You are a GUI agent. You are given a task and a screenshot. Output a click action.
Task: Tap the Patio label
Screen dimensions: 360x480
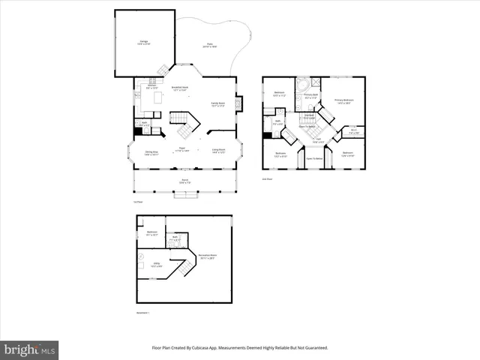211,46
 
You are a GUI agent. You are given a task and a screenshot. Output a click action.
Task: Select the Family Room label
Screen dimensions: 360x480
220,104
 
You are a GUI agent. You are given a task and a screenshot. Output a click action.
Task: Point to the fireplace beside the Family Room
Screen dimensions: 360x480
238,104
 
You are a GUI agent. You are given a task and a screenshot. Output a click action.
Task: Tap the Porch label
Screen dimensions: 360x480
184,181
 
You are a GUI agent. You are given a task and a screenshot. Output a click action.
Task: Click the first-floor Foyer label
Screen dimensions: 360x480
182,149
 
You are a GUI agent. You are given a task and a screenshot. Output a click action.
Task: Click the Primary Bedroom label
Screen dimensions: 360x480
343,100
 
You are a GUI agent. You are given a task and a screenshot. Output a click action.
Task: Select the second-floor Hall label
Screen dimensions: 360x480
318,140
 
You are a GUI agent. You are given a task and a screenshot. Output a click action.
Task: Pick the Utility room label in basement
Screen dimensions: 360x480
156,265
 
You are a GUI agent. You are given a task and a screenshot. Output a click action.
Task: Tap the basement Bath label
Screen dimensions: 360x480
175,239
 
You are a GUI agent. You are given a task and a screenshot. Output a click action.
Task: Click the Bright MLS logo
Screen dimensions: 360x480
29,350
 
